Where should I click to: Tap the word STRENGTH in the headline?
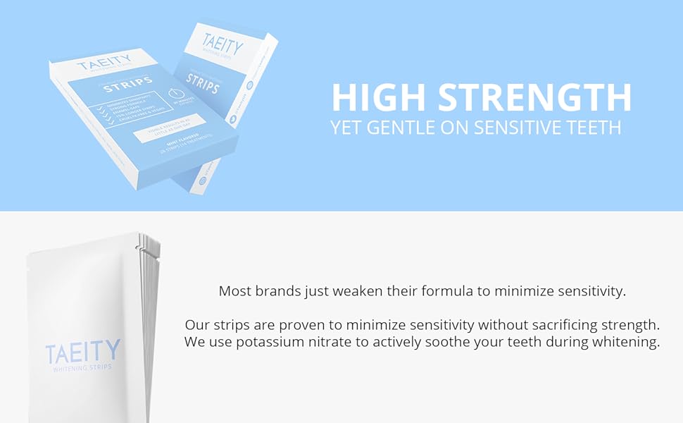point(534,97)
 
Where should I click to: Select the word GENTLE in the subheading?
point(399,128)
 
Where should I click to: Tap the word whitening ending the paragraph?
point(627,343)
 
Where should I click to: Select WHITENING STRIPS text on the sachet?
point(82,367)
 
